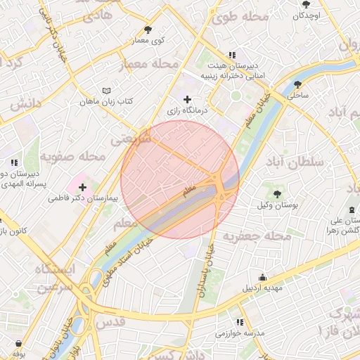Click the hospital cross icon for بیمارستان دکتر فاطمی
click(84, 187)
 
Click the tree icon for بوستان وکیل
click(277, 192)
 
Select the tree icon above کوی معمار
click(148, 30)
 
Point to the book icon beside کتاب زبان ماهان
click(106, 91)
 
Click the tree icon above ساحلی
click(297, 84)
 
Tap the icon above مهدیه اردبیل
click(262, 277)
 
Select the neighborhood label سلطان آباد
click(295, 162)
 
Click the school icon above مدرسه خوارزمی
click(240, 322)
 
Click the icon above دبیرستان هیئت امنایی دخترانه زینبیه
click(231, 56)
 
